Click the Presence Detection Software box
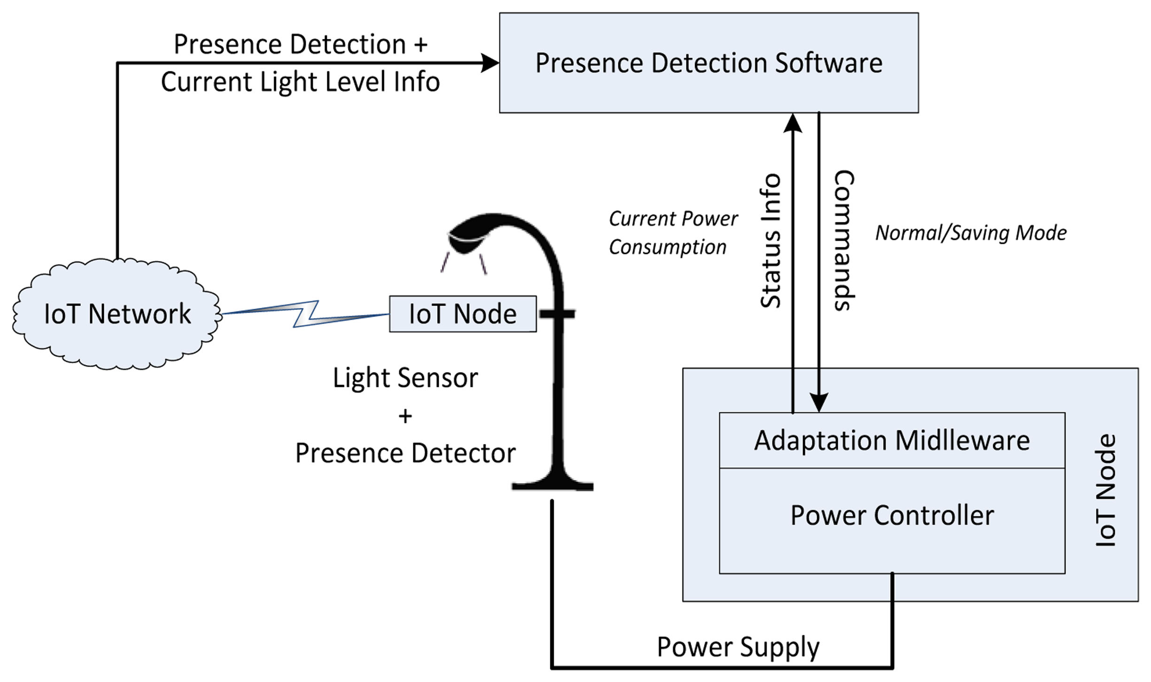point(708,63)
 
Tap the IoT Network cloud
point(116,314)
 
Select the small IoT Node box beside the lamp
point(463,314)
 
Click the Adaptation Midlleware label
point(891,440)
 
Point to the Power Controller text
point(891,515)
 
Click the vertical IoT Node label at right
point(1105,490)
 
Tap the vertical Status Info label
point(771,241)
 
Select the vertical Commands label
point(844,240)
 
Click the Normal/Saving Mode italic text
point(971,233)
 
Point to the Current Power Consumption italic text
point(672,233)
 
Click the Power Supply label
point(738,647)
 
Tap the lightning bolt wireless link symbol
point(305,314)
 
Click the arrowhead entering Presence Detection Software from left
point(490,63)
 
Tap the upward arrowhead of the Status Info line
point(793,123)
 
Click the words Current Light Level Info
point(300,82)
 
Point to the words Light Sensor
point(405,378)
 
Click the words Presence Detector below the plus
point(405,453)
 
